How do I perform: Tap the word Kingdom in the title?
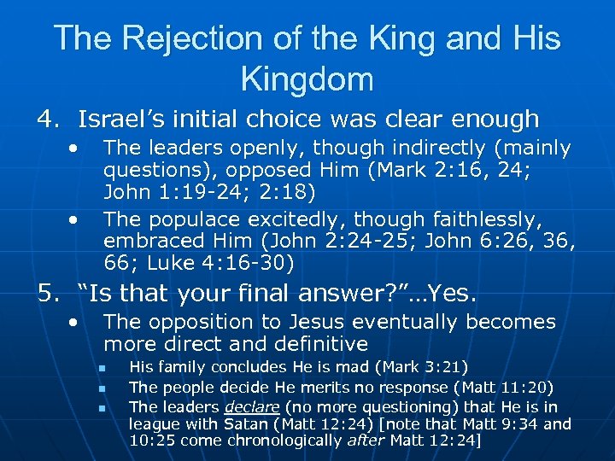tap(307, 79)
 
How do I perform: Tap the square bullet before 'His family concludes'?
tap(101, 369)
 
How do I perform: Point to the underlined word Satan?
tap(244, 424)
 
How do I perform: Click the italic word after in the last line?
tap(364, 441)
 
